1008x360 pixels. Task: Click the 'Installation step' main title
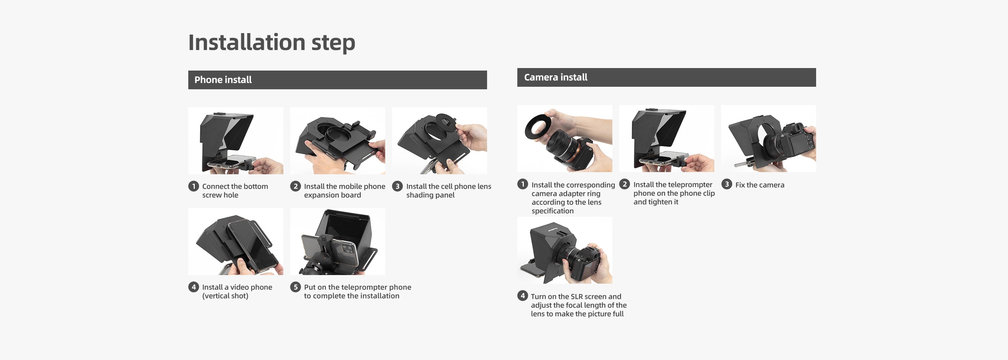click(x=271, y=42)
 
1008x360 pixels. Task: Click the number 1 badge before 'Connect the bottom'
click(x=193, y=186)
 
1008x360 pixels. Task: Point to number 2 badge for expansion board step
click(x=296, y=186)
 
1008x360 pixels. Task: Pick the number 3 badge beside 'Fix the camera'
click(x=726, y=184)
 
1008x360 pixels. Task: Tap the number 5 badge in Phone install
click(x=296, y=287)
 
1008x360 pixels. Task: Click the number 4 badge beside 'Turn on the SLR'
click(x=522, y=296)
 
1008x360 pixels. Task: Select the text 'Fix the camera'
click(x=760, y=185)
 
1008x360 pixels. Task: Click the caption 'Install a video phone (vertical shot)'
click(x=237, y=292)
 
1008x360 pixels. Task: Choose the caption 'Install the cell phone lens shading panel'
click(x=449, y=190)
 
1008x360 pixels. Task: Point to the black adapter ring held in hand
click(x=540, y=127)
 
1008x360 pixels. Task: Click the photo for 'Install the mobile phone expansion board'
click(x=337, y=140)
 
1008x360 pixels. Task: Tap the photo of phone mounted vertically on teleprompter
click(x=235, y=242)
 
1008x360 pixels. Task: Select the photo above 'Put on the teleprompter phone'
click(x=337, y=242)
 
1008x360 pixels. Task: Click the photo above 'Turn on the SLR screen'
click(x=564, y=250)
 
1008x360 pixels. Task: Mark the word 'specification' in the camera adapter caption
click(x=553, y=211)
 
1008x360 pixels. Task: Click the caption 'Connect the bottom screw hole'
click(x=235, y=190)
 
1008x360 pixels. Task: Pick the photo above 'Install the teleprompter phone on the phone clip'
click(x=666, y=139)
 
